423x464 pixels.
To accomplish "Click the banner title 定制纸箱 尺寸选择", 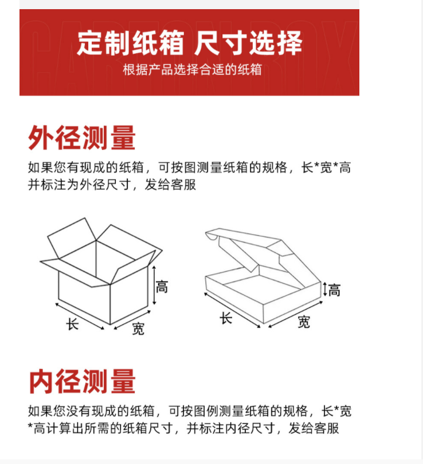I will (x=189, y=43).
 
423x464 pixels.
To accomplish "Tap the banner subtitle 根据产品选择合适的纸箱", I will (x=192, y=70).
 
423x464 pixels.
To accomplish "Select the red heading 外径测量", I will (x=82, y=138).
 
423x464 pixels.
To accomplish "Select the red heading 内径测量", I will (x=82, y=382).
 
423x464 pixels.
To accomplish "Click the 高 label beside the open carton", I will (x=162, y=286).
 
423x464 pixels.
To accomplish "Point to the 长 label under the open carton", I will (x=72, y=324).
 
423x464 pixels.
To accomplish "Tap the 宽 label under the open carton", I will (x=138, y=329).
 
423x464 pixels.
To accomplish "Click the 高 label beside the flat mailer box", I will (x=334, y=289).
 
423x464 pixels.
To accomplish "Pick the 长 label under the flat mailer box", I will (x=226, y=318).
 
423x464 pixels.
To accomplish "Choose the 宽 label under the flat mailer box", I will (x=304, y=322).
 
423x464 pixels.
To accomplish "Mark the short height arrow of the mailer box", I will (x=325, y=289).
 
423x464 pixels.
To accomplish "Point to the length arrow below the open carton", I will (x=80, y=315).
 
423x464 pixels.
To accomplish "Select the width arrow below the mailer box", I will (x=295, y=314).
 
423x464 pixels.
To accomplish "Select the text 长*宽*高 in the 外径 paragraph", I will (x=327, y=168).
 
